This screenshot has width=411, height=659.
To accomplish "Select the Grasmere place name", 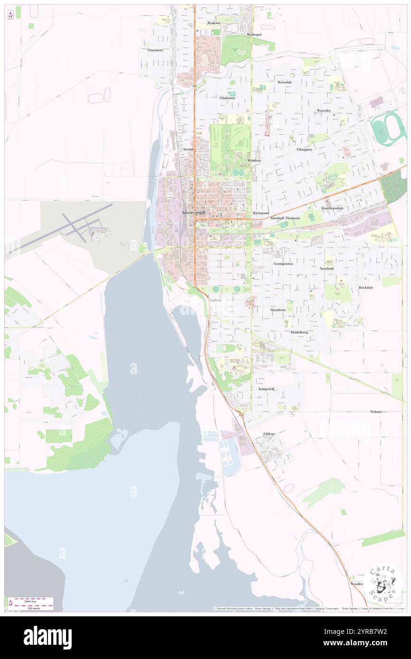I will pyautogui.click(x=155, y=50).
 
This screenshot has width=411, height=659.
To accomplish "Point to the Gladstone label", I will pyautogui.click(x=227, y=98).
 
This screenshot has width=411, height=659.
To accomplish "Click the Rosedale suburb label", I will pyautogui.click(x=285, y=82).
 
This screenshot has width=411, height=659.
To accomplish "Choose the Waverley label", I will pyautogui.click(x=324, y=110).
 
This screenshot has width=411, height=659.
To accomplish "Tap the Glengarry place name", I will pyautogui.click(x=304, y=149).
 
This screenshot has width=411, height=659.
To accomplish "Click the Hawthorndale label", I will pyautogui.click(x=332, y=208).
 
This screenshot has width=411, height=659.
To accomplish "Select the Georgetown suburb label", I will pyautogui.click(x=283, y=263).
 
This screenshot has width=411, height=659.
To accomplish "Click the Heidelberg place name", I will pyautogui.click(x=299, y=332).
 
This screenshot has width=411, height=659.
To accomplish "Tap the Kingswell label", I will pyautogui.click(x=267, y=389).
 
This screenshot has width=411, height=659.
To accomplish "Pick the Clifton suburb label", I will pyautogui.click(x=269, y=434).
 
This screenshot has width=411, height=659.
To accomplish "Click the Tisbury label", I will pyautogui.click(x=376, y=412).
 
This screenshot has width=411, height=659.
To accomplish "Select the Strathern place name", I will pyautogui.click(x=278, y=310).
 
